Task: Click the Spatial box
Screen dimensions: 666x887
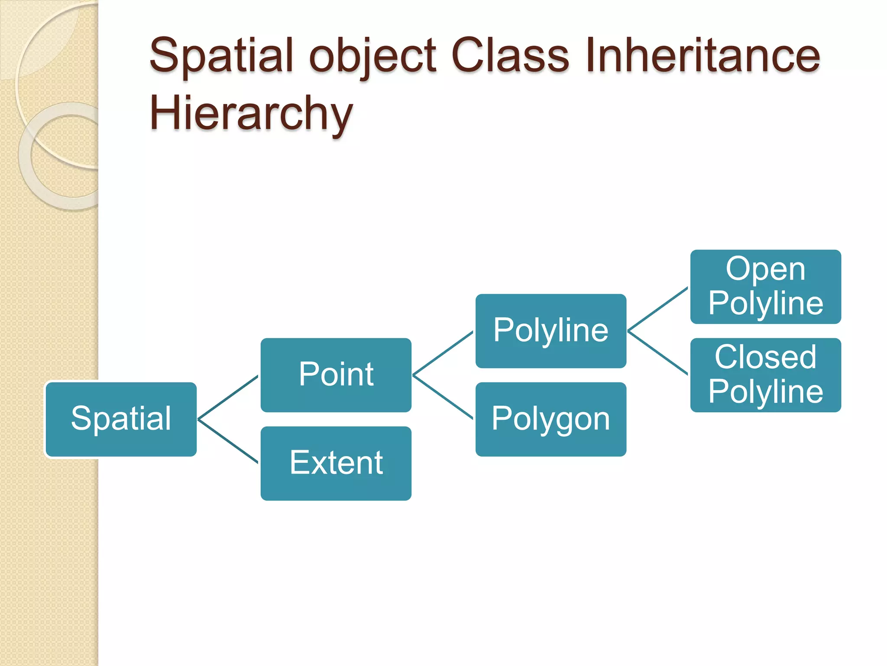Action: (x=121, y=419)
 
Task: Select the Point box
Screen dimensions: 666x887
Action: (x=336, y=375)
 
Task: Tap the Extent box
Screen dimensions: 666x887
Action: (x=336, y=463)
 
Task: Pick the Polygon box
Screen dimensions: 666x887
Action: (x=550, y=419)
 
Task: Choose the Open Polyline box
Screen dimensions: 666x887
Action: (x=765, y=287)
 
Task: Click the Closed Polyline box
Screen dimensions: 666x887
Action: (x=765, y=375)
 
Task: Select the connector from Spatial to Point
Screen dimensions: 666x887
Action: (x=228, y=398)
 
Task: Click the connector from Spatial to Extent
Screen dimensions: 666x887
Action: (x=228, y=441)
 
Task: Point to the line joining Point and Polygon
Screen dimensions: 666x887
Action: (x=443, y=397)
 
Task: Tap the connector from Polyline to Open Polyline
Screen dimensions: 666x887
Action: (x=657, y=309)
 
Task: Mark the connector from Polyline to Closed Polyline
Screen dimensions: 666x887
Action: (x=657, y=353)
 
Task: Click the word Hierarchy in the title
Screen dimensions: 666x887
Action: (x=251, y=113)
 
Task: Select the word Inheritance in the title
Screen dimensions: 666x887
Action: (x=702, y=56)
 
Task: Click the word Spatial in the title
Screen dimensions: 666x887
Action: (x=221, y=56)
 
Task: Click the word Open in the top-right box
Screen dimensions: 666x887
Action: (x=765, y=269)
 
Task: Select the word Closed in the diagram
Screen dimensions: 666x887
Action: (x=765, y=357)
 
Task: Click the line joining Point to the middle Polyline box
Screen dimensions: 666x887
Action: (x=443, y=353)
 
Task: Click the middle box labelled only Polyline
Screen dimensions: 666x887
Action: (x=550, y=331)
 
